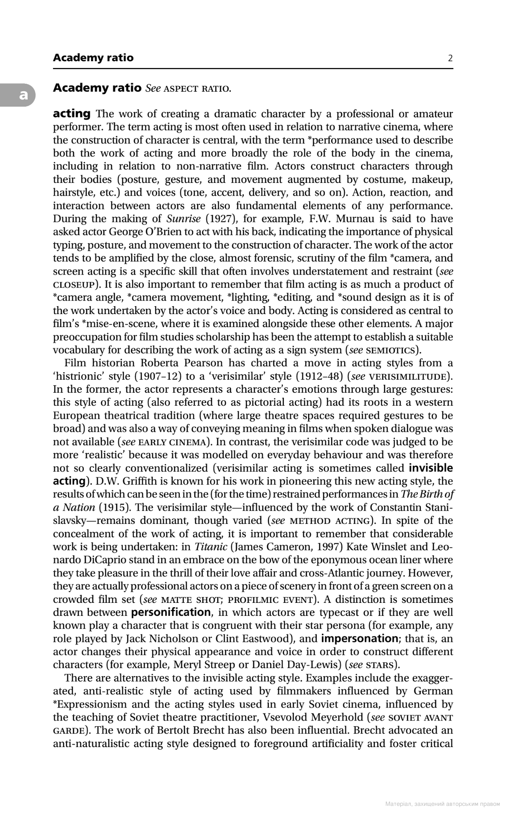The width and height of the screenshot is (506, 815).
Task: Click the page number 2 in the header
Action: pos(450,58)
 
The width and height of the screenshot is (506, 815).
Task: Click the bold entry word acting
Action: pos(72,114)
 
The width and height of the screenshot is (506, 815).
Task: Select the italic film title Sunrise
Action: pos(183,218)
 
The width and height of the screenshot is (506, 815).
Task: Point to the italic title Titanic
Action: pos(211,547)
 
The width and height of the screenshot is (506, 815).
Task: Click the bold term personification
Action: pos(171,612)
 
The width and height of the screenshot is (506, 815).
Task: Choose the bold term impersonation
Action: pos(359,638)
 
